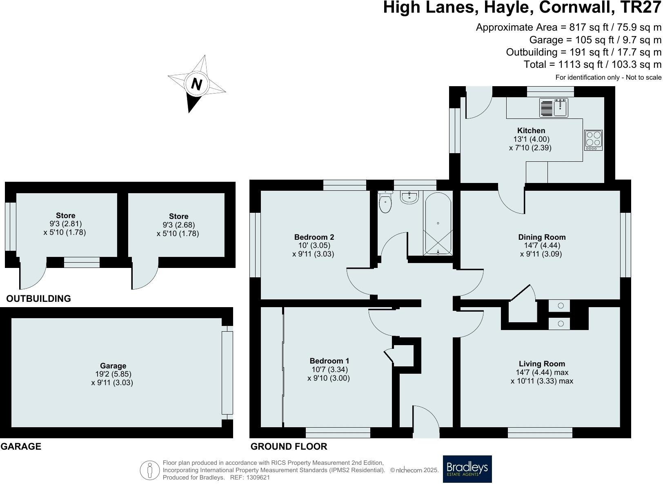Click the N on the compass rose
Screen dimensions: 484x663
(x=197, y=84)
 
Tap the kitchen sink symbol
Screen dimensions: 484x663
(x=553, y=108)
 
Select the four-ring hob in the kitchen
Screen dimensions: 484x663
(x=593, y=140)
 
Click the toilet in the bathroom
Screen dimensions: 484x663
(x=385, y=202)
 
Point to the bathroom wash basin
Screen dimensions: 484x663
(x=409, y=197)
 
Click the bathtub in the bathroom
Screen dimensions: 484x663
(x=438, y=224)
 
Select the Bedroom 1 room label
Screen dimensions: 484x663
(x=329, y=361)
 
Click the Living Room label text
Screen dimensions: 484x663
(x=542, y=364)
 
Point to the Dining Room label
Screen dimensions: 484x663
(x=542, y=237)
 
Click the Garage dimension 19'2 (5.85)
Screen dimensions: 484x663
(x=113, y=374)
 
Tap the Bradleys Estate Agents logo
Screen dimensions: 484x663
(x=467, y=469)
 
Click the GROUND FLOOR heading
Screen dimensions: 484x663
(x=289, y=446)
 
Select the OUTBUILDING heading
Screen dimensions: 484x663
(x=38, y=299)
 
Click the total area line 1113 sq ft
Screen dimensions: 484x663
(x=592, y=65)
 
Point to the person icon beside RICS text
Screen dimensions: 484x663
(x=150, y=470)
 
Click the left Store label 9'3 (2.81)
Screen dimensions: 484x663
(x=65, y=224)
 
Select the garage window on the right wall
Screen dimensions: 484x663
(x=227, y=372)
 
